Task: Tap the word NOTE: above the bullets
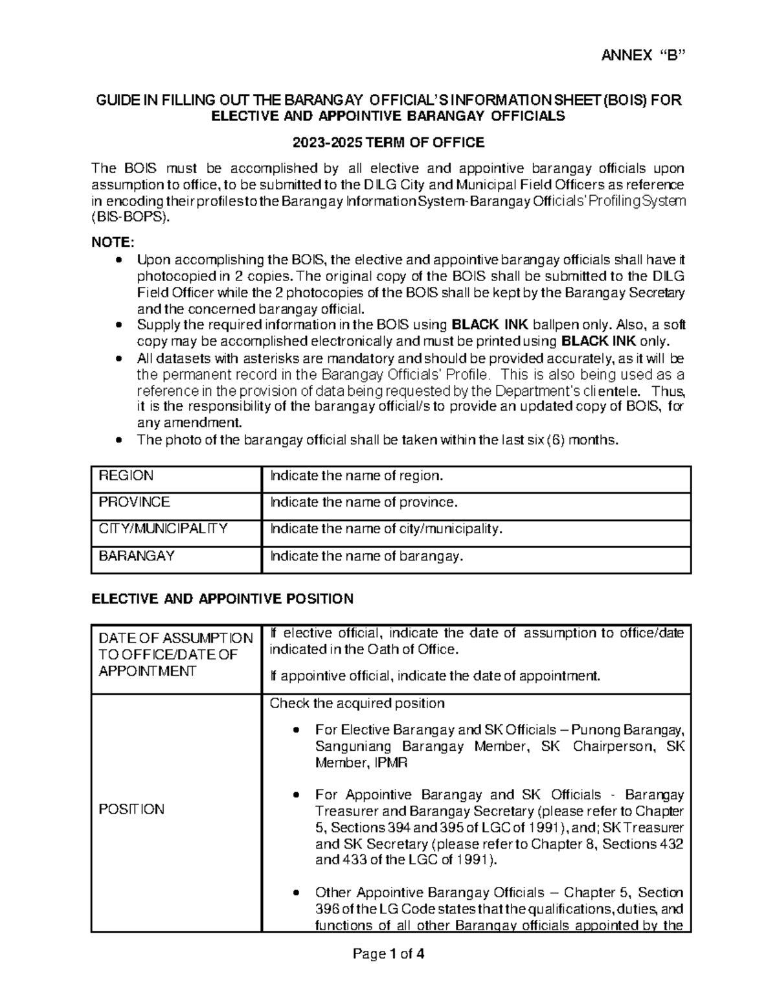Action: pyautogui.click(x=113, y=242)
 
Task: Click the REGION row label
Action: pyautogui.click(x=126, y=476)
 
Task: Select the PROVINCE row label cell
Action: pyautogui.click(x=134, y=503)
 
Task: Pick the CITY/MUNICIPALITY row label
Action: pyautogui.click(x=163, y=529)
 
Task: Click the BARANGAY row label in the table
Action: pyautogui.click(x=136, y=556)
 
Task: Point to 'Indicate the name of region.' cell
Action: pyautogui.click(x=356, y=476)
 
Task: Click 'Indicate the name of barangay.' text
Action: pyautogui.click(x=366, y=556)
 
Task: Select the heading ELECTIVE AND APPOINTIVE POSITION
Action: pyautogui.click(x=223, y=599)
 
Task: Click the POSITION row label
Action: pyautogui.click(x=131, y=809)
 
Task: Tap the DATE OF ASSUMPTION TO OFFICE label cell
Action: pyautogui.click(x=175, y=654)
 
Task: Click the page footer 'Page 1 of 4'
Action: pyautogui.click(x=388, y=954)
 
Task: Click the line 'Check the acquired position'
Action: pyautogui.click(x=357, y=703)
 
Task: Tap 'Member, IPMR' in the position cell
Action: pyautogui.click(x=361, y=763)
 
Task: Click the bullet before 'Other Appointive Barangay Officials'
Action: pyautogui.click(x=296, y=893)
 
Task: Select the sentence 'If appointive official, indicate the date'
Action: pyautogui.click(x=434, y=676)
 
